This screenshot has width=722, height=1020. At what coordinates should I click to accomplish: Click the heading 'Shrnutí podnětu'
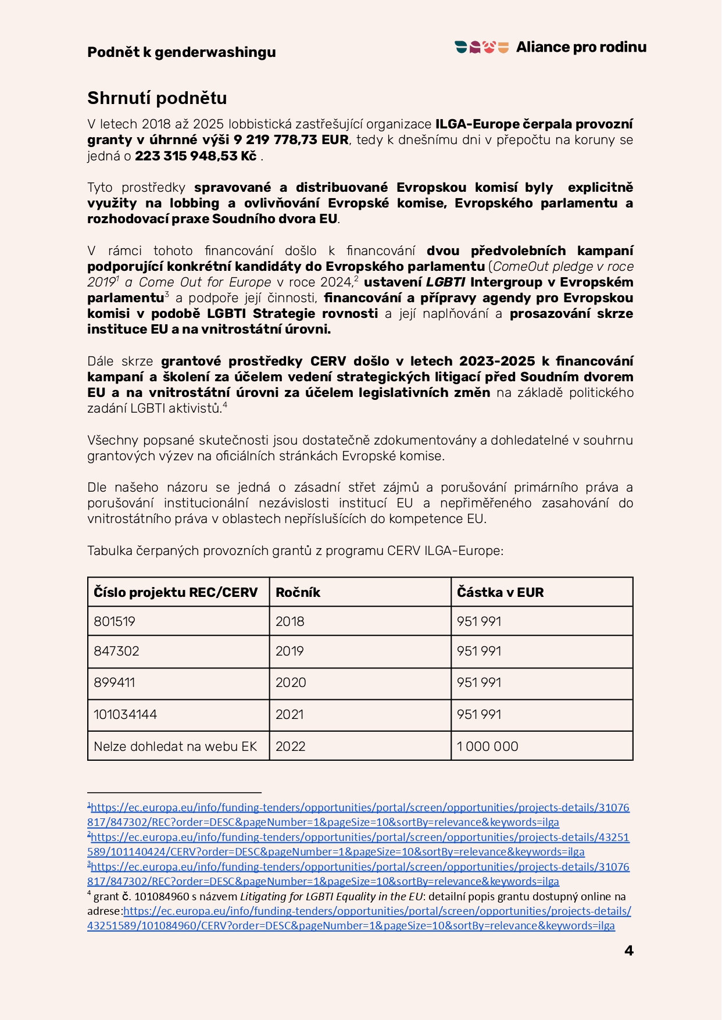click(157, 98)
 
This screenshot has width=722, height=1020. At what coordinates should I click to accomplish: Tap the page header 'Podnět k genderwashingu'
click(181, 52)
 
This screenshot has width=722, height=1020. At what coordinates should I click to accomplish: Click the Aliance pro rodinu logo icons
click(482, 47)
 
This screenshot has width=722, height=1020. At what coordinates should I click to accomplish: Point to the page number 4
click(628, 951)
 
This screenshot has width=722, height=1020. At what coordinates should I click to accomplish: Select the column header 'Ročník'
click(298, 592)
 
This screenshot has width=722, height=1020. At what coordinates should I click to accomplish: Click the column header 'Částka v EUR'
click(501, 592)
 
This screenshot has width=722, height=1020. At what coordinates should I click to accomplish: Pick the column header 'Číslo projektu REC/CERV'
click(176, 592)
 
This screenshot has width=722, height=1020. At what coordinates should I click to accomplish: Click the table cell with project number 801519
click(115, 621)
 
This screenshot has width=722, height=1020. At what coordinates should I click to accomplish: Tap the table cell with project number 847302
click(117, 651)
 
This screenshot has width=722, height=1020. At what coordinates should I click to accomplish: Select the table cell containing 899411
click(115, 683)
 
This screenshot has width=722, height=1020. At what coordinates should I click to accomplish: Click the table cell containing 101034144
click(126, 714)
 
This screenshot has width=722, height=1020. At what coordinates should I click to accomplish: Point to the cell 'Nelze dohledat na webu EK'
click(176, 746)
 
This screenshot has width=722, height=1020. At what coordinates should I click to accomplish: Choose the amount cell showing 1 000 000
click(488, 746)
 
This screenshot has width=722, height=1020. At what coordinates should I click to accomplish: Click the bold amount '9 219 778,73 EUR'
click(291, 140)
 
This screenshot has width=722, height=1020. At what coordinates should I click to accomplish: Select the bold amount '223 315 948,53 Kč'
click(196, 156)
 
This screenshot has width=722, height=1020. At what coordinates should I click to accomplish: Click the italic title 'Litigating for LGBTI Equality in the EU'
click(331, 897)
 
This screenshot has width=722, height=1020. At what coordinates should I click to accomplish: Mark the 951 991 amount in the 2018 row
click(479, 621)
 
